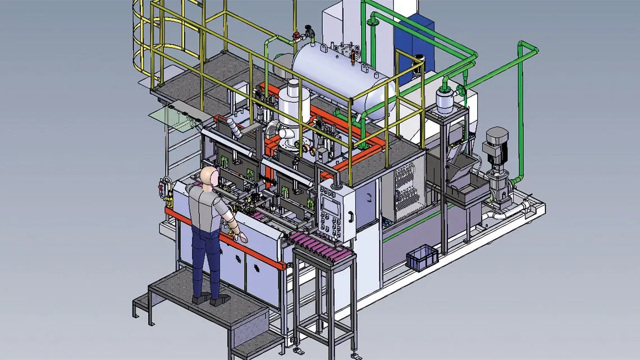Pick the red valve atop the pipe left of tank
pyautogui.click(x=296, y=37)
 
